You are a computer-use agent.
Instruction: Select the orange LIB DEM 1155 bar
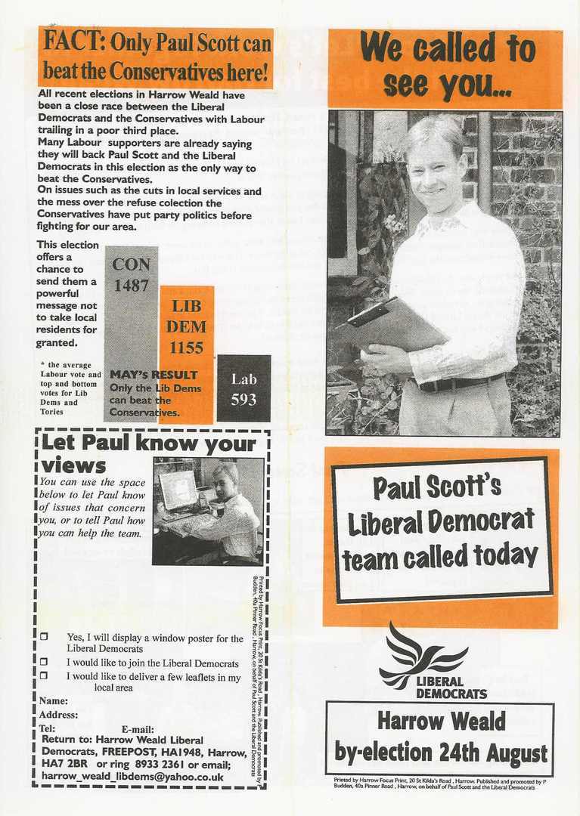[x=186, y=332]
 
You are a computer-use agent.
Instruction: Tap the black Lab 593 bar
[x=243, y=388]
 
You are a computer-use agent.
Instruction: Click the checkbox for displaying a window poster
[x=44, y=638]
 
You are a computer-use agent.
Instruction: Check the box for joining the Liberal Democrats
[x=44, y=661]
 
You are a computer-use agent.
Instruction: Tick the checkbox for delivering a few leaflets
[x=44, y=675]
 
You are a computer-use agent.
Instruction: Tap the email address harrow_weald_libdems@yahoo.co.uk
[x=132, y=776]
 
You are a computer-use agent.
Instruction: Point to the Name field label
[x=53, y=701]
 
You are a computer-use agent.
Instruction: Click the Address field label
[x=58, y=715]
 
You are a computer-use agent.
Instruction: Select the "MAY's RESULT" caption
[x=154, y=375]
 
